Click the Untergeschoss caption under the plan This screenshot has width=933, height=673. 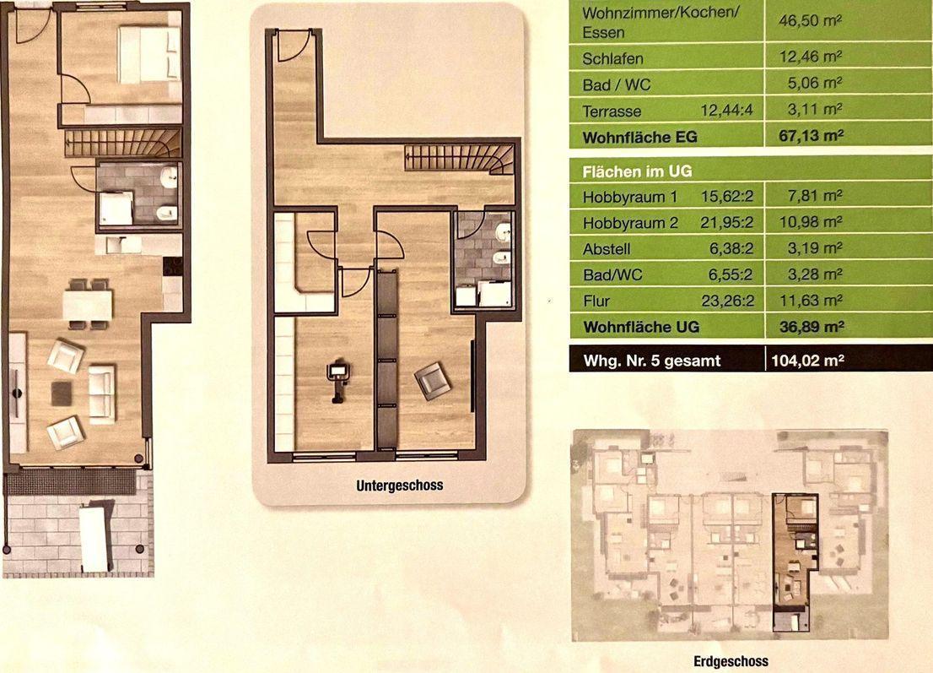399,486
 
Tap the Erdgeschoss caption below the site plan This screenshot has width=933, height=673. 731,661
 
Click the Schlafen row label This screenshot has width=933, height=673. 612,59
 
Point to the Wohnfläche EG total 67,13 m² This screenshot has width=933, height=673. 811,136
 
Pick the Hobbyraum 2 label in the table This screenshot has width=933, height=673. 630,223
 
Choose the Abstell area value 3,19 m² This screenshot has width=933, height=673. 814,247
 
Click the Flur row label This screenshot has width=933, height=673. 596,301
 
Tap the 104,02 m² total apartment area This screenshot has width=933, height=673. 807,360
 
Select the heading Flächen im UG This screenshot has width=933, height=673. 637,171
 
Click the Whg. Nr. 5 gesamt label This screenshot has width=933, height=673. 651,361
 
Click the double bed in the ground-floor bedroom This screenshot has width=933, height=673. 148,55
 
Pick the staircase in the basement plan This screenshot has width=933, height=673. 459,159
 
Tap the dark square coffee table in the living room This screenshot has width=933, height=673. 62,393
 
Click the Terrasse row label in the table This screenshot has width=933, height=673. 612,111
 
